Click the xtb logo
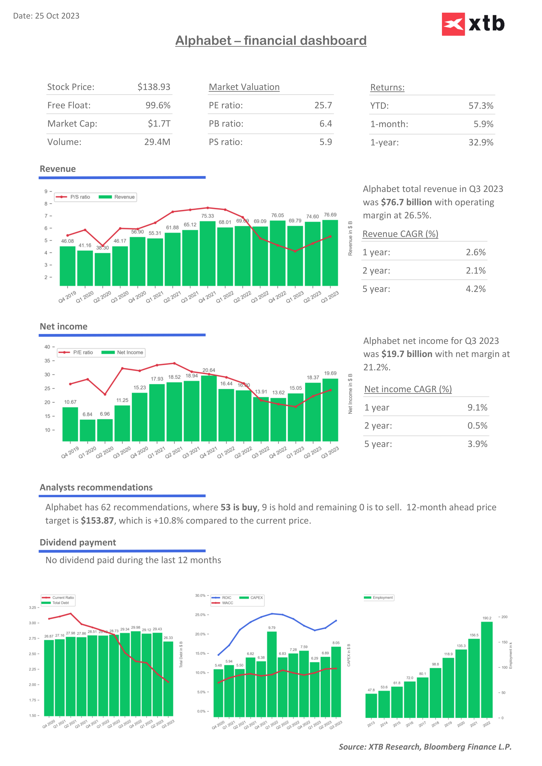[473, 24]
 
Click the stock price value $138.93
[154, 87]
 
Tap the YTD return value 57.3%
[481, 106]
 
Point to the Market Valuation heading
[244, 87]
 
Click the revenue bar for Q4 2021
[208, 254]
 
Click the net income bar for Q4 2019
[70, 424]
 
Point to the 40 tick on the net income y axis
[47, 347]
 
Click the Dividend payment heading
[78, 542]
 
